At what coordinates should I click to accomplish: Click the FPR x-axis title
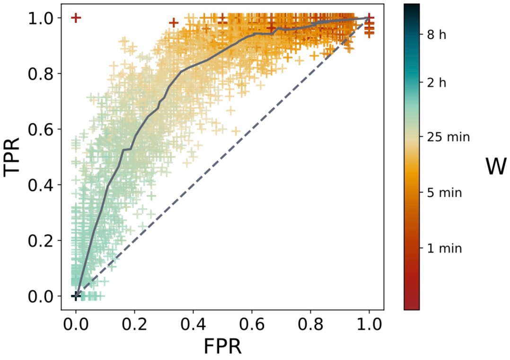point(222,346)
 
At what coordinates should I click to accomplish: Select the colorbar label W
point(495,167)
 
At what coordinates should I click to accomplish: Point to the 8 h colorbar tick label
point(445,35)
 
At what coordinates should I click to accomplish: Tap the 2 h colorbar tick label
point(445,83)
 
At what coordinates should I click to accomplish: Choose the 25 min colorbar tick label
point(448,137)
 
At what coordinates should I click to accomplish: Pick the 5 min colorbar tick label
point(445,193)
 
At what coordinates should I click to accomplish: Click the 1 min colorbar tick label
point(445,248)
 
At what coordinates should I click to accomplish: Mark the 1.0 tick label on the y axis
point(43,18)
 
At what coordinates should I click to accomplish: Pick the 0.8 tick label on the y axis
point(43,74)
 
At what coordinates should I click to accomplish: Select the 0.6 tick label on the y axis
point(43,129)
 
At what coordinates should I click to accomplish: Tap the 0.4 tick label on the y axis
point(43,185)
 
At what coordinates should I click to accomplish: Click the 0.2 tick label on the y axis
point(43,240)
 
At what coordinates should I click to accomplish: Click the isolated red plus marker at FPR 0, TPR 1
point(76,18)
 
